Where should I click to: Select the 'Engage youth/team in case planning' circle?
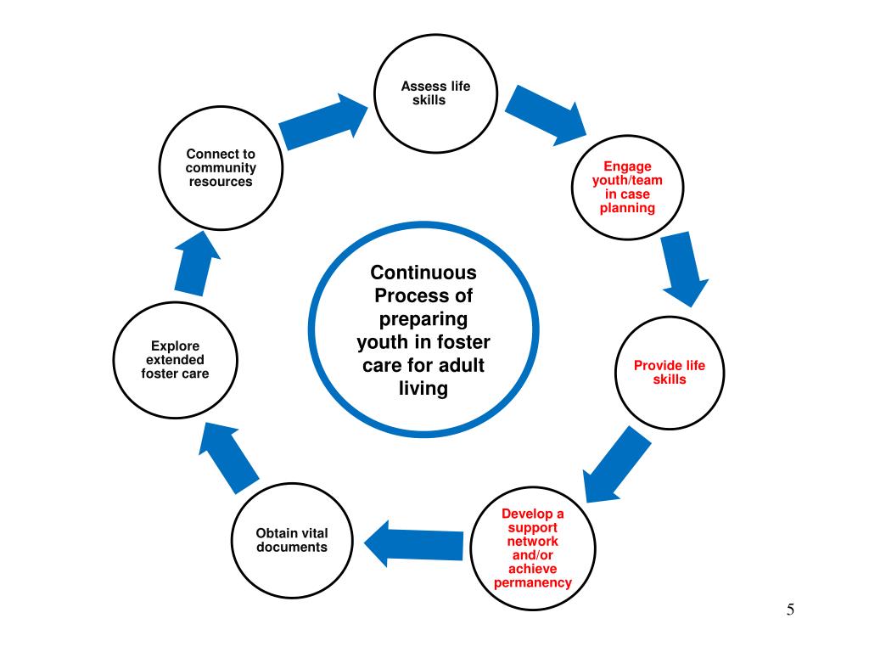[x=628, y=188]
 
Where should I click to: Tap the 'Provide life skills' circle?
[x=669, y=373]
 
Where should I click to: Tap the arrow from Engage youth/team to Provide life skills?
[x=684, y=267]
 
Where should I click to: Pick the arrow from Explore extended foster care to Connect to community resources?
[x=194, y=264]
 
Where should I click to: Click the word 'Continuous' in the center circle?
[x=423, y=273]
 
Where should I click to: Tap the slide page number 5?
[x=790, y=609]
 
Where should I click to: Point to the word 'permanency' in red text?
[x=533, y=583]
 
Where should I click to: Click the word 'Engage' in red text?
[x=628, y=166]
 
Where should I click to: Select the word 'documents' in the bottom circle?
[x=292, y=548]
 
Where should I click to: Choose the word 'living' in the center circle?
[x=423, y=391]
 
